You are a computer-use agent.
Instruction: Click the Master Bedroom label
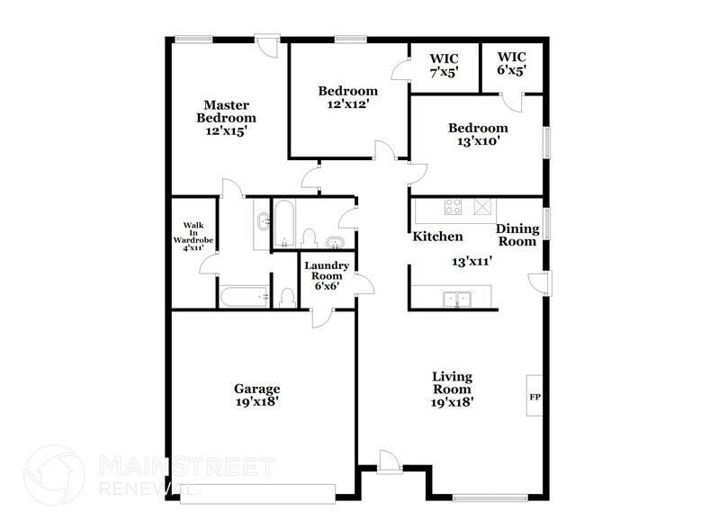(x=227, y=117)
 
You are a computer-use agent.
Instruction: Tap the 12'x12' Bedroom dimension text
(x=348, y=103)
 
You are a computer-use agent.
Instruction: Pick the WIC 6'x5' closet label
(x=511, y=66)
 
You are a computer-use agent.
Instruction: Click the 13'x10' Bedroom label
(x=478, y=134)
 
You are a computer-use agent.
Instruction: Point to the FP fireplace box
(x=534, y=397)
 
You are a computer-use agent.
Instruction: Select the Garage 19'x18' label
(x=257, y=395)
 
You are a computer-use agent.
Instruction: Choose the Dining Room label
(x=517, y=235)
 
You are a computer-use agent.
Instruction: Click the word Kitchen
(x=438, y=238)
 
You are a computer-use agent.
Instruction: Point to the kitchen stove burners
(x=453, y=207)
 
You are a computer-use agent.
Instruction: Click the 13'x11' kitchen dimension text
(x=472, y=262)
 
